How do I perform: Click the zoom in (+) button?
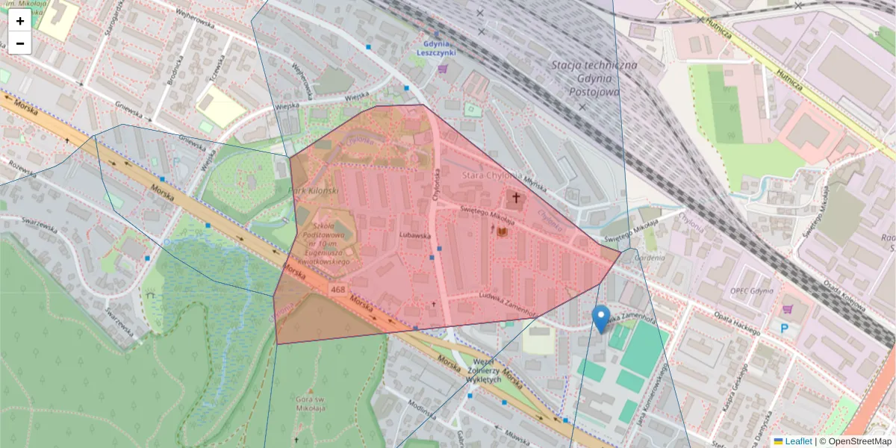[20, 21]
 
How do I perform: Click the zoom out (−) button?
[20, 43]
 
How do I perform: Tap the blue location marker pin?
[600, 319]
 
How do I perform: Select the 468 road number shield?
[337, 290]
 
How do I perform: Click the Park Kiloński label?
[314, 191]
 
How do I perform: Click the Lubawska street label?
[417, 235]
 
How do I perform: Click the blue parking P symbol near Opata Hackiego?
[784, 328]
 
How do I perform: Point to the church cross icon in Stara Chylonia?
[515, 199]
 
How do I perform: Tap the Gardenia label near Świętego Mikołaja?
[648, 258]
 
